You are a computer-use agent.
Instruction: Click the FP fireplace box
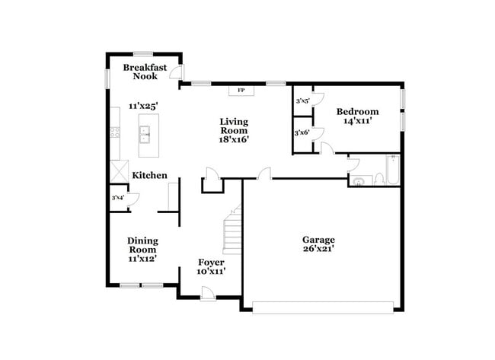(x=241, y=91)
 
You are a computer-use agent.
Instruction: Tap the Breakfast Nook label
(x=145, y=72)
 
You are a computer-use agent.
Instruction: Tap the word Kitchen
(x=149, y=176)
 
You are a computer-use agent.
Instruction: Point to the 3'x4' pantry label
(x=118, y=199)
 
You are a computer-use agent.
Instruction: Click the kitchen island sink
(x=145, y=135)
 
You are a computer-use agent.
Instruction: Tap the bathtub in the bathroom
(x=391, y=171)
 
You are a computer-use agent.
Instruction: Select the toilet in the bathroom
(x=378, y=179)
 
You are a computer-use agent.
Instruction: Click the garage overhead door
(x=323, y=307)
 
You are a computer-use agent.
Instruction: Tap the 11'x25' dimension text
(x=143, y=106)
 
